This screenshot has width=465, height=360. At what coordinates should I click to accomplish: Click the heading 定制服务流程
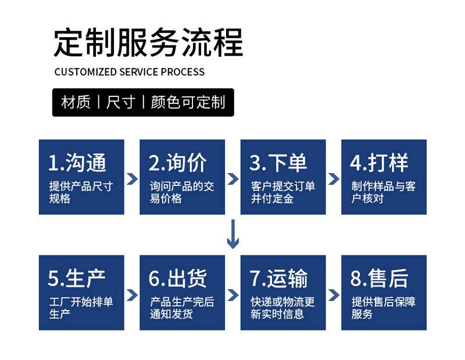tap(148, 42)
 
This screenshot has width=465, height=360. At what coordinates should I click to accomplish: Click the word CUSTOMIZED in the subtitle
tap(85, 72)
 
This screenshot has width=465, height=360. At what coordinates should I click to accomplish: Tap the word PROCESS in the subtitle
tap(183, 72)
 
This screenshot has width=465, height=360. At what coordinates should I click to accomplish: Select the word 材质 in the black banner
tap(76, 102)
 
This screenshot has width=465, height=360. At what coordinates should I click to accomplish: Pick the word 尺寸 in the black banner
tap(121, 102)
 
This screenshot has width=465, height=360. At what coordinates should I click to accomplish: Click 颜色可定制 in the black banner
tap(188, 102)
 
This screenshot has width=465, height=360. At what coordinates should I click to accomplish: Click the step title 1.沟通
tap(77, 163)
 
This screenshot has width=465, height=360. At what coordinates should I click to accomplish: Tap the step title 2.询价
tap(178, 163)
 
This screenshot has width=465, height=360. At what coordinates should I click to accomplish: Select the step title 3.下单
tap(278, 163)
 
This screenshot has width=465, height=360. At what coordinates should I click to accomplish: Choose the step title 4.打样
tap(379, 163)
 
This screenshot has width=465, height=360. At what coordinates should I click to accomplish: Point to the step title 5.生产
tap(77, 278)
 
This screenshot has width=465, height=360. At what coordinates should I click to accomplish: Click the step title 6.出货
tap(178, 278)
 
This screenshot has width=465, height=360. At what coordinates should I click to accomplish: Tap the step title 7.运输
tap(278, 278)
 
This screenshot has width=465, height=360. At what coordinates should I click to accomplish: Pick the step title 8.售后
tap(380, 278)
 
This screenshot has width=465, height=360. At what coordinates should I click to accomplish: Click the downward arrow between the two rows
tap(233, 234)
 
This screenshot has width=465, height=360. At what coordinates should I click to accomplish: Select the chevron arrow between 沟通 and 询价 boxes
tap(132, 179)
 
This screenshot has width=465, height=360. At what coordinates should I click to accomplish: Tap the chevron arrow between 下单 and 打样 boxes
tap(334, 179)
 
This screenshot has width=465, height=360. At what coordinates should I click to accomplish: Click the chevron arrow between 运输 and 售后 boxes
tap(334, 295)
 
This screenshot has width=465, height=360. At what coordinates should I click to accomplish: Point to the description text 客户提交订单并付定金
tap(283, 192)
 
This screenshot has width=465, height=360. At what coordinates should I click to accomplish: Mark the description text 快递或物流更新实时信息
tap(282, 308)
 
